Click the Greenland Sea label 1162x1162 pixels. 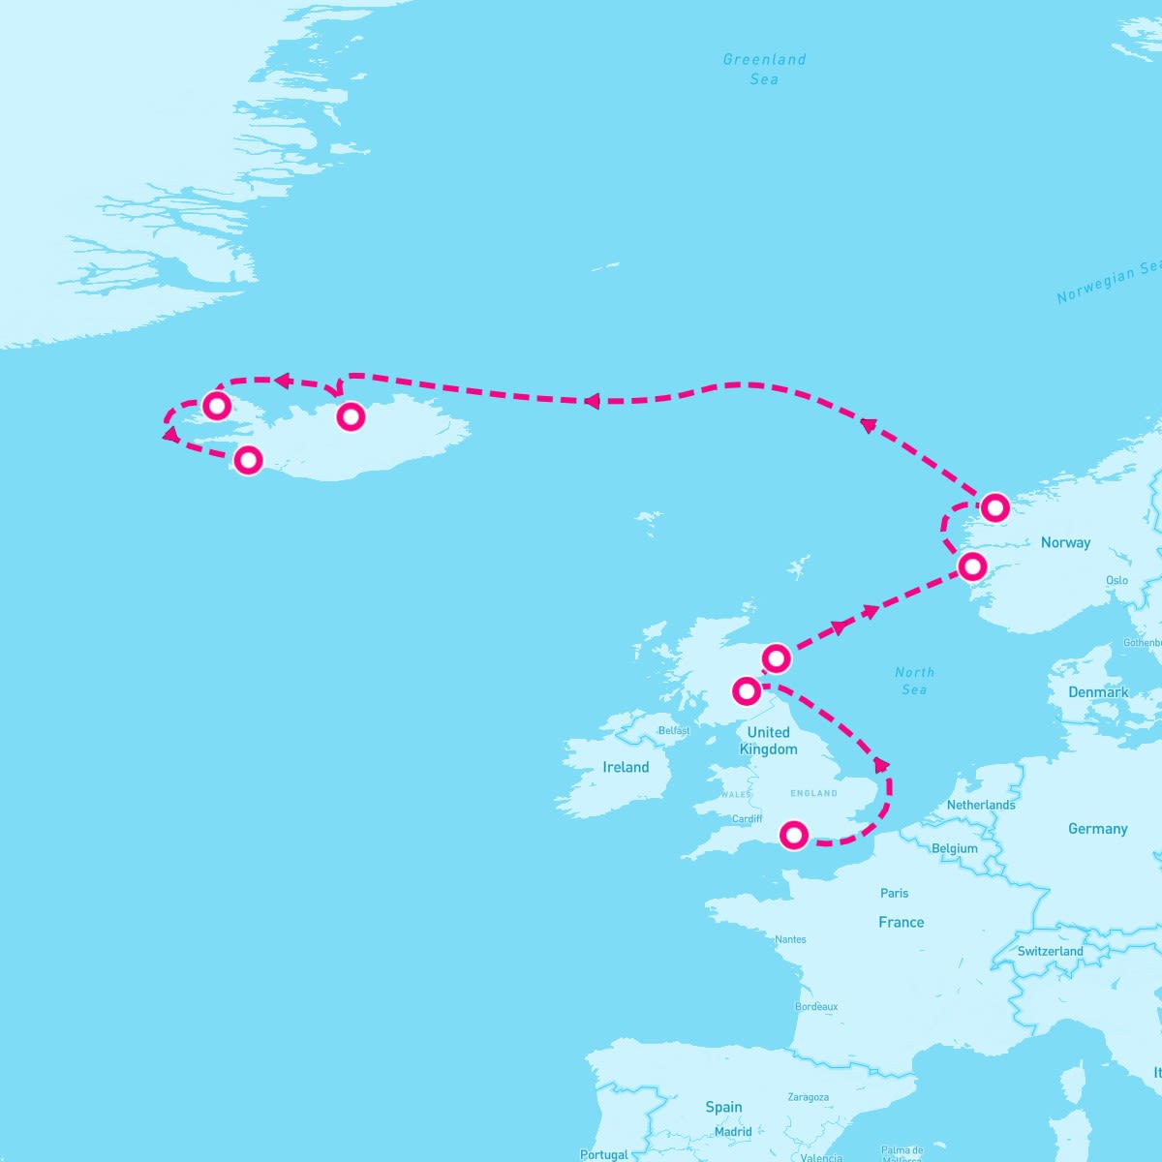tap(764, 69)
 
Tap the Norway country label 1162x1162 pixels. tap(1065, 542)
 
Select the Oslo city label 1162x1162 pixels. tap(1116, 580)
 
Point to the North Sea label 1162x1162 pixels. tap(914, 681)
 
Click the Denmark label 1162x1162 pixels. tap(1098, 692)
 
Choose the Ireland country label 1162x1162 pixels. tap(626, 767)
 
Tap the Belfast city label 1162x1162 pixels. tap(673, 730)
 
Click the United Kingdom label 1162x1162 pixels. tap(768, 741)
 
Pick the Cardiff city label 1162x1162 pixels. tap(747, 818)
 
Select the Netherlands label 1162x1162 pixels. tap(981, 805)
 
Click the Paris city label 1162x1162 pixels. tap(894, 893)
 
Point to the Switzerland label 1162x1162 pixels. tap(1050, 951)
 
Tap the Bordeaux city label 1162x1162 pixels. tap(816, 1006)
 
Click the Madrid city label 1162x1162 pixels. tap(733, 1131)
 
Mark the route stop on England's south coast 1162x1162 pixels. tap(794, 834)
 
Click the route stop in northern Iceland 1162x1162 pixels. tap(351, 416)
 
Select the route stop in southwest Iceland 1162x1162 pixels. tap(249, 459)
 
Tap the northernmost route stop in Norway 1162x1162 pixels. tap(994, 506)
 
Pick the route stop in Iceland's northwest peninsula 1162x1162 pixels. tap(217, 404)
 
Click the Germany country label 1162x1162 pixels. tap(1097, 829)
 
